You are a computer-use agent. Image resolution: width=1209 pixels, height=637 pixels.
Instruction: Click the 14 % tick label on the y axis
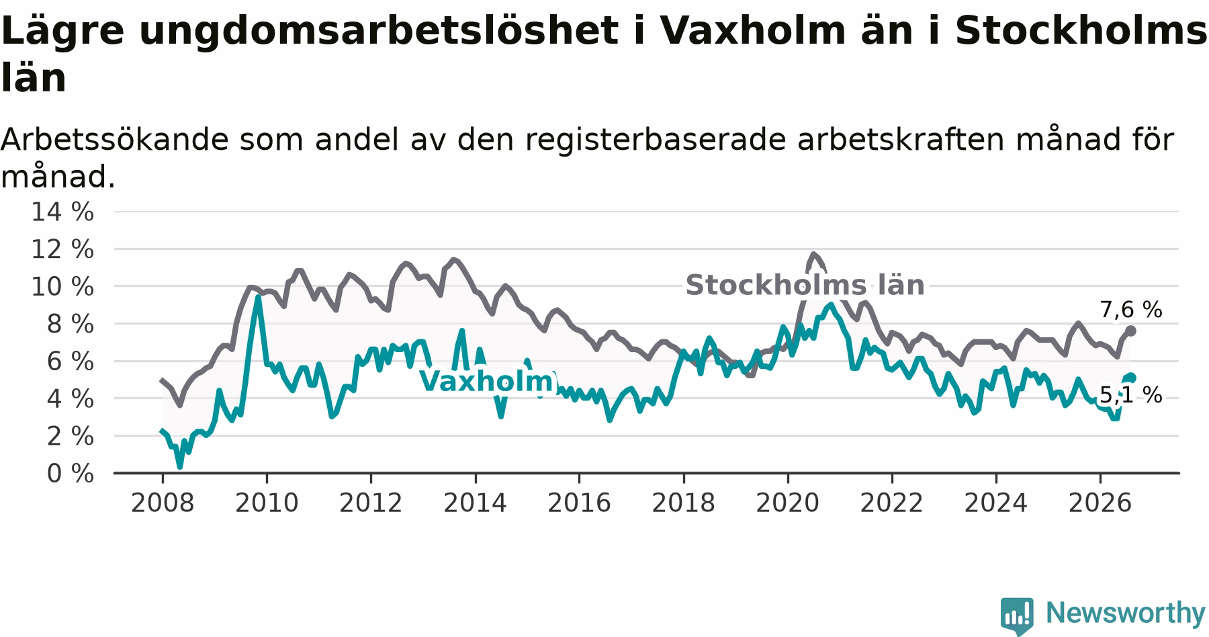coord(62,212)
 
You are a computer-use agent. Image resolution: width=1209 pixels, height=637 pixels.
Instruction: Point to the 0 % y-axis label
coord(70,474)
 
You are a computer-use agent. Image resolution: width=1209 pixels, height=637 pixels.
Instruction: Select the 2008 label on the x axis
coord(163,503)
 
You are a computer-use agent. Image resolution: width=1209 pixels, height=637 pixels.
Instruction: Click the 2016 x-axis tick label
coord(579,503)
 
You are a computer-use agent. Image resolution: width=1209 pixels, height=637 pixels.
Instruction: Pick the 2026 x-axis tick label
coord(1100,503)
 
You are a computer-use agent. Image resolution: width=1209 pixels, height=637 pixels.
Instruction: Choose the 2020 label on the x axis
coord(788,503)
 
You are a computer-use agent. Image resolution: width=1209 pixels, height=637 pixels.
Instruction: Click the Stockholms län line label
coord(805,286)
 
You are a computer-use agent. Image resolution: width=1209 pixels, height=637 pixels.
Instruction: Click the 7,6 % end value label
coord(1130,310)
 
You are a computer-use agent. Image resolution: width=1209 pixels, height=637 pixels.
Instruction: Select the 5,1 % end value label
coord(1130,395)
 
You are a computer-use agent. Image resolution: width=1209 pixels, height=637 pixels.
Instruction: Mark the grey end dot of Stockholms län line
coord(1131,331)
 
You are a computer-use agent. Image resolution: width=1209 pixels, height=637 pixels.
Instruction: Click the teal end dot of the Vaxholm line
coord(1131,378)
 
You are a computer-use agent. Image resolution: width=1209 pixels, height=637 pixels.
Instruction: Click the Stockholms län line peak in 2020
coord(813,254)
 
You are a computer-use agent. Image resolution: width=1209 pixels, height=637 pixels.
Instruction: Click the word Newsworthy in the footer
coord(1126,613)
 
